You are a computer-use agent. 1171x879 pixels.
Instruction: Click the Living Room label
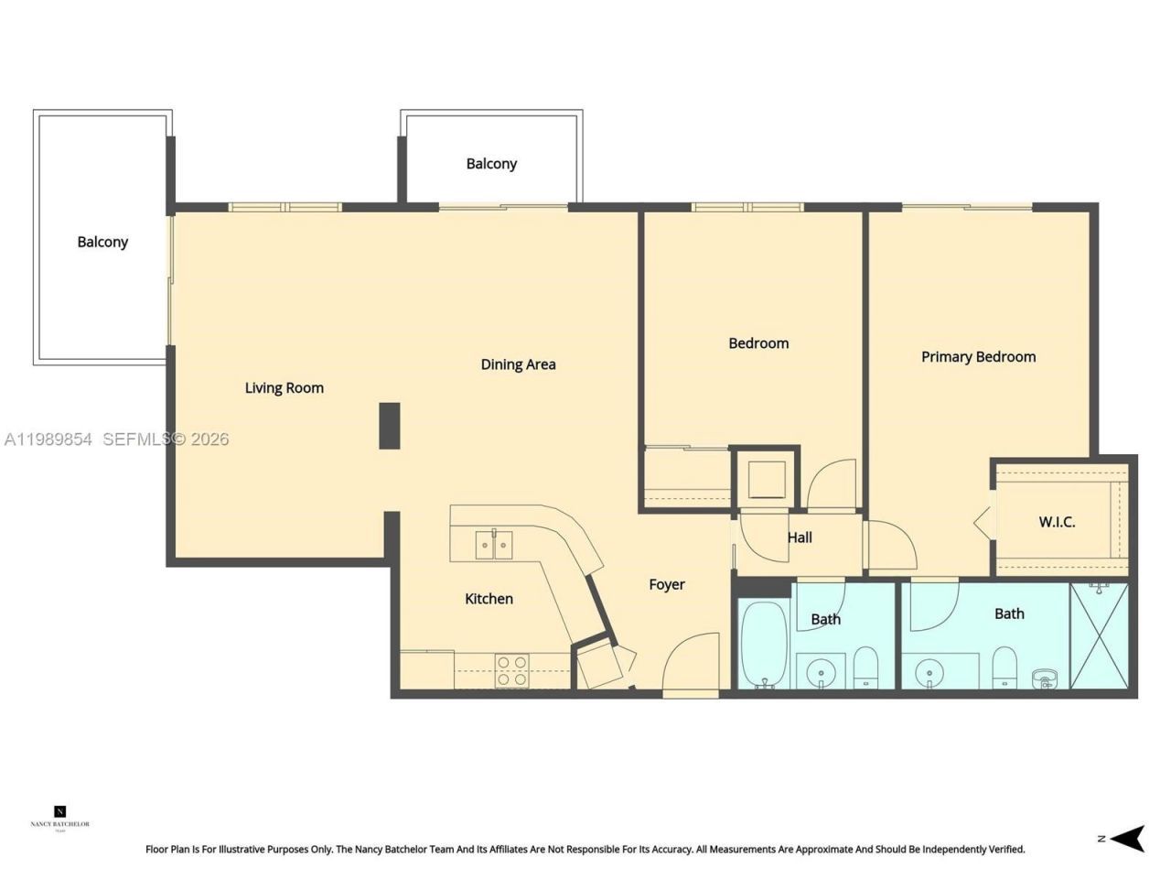tap(284, 388)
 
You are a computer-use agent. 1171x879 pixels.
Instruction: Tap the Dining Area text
tap(518, 364)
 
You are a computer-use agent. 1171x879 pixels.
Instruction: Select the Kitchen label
tap(489, 599)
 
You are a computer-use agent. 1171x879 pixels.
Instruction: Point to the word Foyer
tap(666, 585)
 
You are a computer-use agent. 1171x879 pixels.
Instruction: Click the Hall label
tap(800, 537)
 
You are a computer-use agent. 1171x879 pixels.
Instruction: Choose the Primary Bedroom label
tap(978, 357)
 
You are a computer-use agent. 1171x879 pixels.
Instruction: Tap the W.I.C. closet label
tap(1057, 522)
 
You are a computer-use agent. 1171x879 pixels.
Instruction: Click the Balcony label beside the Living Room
tap(102, 242)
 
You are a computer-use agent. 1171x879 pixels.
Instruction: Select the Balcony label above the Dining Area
tap(491, 164)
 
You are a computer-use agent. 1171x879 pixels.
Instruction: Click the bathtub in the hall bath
tap(763, 644)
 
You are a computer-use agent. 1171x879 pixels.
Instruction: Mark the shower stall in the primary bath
tap(1099, 636)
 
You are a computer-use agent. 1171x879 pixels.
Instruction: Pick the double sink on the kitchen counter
tap(494, 544)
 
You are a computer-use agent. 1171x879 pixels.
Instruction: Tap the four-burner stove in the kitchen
tap(511, 670)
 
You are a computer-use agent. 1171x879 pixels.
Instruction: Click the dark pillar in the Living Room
tap(390, 426)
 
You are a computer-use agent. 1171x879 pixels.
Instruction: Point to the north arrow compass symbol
tap(1131, 838)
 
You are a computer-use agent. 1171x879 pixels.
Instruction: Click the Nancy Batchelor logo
tap(60, 817)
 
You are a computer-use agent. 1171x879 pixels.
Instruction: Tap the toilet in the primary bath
tap(1004, 667)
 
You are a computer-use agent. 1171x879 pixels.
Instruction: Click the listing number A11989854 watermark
tap(48, 439)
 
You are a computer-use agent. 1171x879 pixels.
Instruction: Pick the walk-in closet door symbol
tap(984, 523)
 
